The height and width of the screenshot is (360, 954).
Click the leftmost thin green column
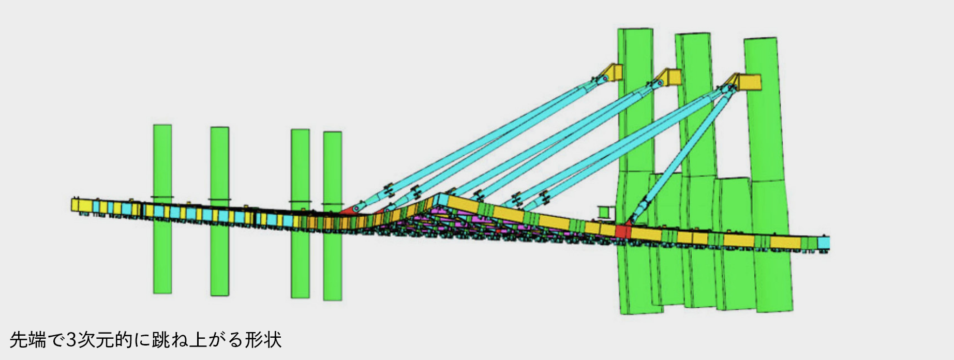pos(162,209)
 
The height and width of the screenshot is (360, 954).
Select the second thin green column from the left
pos(219,211)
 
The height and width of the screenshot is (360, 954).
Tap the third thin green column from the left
pos(300,214)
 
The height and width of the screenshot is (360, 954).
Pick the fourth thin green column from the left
pos(333,216)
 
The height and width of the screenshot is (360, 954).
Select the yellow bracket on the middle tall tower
pos(669,77)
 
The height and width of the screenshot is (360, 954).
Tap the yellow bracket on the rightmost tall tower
pos(748,82)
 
